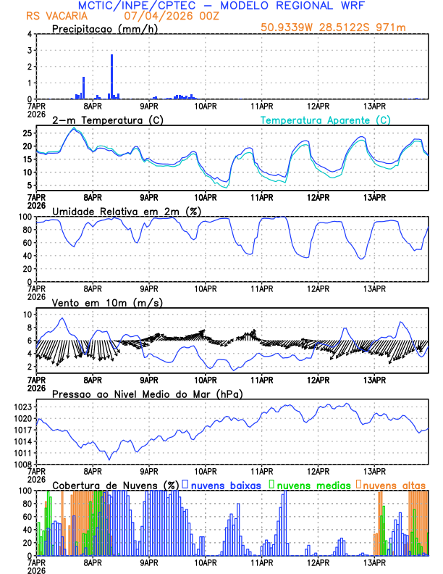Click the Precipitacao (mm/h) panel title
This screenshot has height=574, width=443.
(104, 28)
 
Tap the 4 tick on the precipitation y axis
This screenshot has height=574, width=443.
(29, 34)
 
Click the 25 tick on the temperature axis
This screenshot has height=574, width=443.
(26, 133)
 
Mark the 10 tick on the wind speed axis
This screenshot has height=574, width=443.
(26, 315)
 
